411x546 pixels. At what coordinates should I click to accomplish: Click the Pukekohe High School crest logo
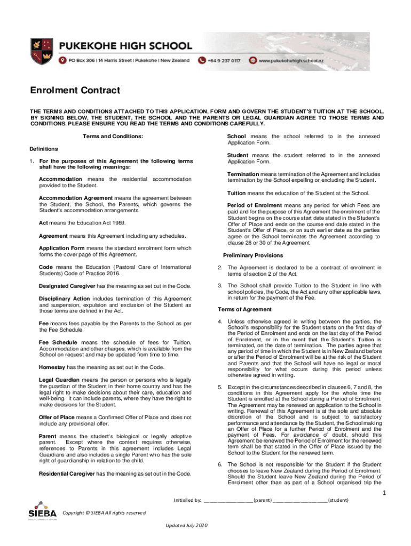point(41,51)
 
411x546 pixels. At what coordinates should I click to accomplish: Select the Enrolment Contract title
point(75,91)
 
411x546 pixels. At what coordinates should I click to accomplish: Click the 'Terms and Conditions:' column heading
point(113,136)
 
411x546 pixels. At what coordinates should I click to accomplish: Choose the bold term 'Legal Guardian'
point(59,380)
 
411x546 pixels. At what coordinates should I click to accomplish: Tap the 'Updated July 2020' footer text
point(187,526)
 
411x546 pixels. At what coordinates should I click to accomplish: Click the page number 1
point(383,493)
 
